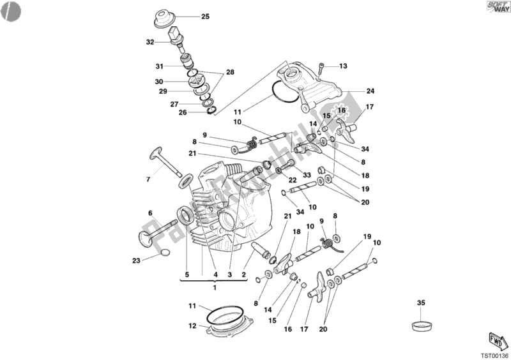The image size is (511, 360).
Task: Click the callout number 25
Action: (x=205, y=17)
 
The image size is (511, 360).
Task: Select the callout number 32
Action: (x=150, y=42)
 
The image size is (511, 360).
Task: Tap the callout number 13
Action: (x=343, y=66)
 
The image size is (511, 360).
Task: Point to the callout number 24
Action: (x=370, y=91)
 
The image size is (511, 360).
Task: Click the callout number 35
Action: (x=421, y=303)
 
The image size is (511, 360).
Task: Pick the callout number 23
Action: (x=136, y=260)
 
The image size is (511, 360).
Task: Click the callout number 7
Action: (x=148, y=179)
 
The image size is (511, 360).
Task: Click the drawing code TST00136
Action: (x=494, y=354)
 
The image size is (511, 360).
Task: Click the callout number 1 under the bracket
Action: (x=215, y=287)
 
